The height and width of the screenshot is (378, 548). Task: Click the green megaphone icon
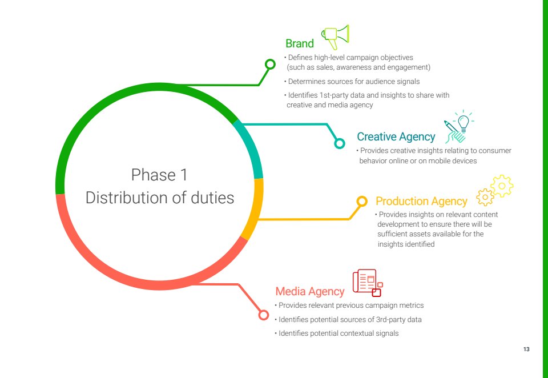pyautogui.click(x=335, y=37)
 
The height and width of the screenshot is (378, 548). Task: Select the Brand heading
pyautogui.click(x=300, y=43)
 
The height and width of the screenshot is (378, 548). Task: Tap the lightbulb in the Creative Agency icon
pyautogui.click(x=464, y=122)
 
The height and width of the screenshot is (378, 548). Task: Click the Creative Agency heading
pyautogui.click(x=396, y=136)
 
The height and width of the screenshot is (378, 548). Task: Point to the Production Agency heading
pyautogui.click(x=421, y=201)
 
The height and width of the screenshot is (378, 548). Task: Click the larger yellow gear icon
pyautogui.click(x=502, y=186)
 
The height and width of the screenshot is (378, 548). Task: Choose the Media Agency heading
pyautogui.click(x=309, y=291)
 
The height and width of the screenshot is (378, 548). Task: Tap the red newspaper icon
pyautogui.click(x=368, y=283)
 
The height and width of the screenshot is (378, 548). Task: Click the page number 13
pyautogui.click(x=526, y=349)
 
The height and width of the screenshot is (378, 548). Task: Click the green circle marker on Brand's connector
pyautogui.click(x=270, y=65)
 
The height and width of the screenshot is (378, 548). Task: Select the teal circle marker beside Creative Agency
pyautogui.click(x=339, y=143)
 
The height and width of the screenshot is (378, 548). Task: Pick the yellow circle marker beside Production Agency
pyautogui.click(x=362, y=201)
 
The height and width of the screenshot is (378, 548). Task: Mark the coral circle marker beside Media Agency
pyautogui.click(x=264, y=315)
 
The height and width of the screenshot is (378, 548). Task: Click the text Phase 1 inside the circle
pyautogui.click(x=159, y=175)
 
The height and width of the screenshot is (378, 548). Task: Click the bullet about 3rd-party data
pyautogui.click(x=348, y=320)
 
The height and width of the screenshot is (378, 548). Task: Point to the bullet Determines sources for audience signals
pyautogui.click(x=352, y=82)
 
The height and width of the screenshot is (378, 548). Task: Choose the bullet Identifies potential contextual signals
pyautogui.click(x=337, y=333)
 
